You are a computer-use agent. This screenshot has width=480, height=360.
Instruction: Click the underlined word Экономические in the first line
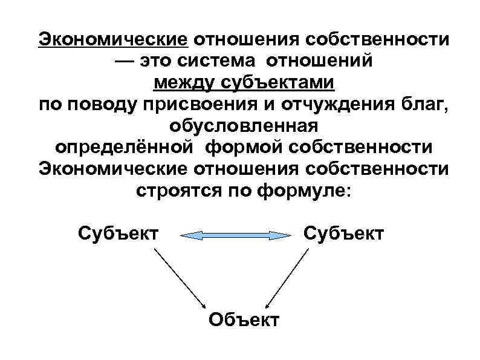(x=114, y=40)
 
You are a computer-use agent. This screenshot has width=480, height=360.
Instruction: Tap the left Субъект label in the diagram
(x=118, y=233)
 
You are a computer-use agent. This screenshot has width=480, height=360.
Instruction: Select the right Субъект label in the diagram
(x=343, y=233)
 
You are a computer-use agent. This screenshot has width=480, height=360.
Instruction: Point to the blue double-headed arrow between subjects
(x=232, y=235)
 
